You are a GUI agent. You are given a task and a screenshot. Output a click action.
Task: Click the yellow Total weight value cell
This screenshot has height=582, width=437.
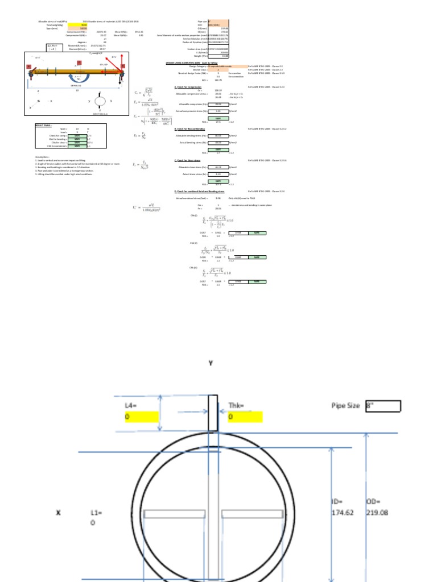[77, 26]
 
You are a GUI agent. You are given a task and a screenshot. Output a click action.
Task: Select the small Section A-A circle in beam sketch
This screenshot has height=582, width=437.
[101, 101]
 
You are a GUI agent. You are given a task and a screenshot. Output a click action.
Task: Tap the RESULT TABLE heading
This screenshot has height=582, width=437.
[43, 124]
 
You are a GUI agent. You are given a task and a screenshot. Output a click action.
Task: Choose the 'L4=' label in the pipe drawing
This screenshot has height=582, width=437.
[131, 405]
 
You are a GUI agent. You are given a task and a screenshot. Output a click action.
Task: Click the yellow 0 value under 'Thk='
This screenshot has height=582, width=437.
[245, 417]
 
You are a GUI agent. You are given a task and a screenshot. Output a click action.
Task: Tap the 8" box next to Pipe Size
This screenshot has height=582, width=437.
[384, 406]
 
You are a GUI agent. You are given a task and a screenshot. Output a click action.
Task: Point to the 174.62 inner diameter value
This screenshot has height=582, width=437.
[343, 513]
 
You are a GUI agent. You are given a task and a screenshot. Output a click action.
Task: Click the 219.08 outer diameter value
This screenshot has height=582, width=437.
[377, 513]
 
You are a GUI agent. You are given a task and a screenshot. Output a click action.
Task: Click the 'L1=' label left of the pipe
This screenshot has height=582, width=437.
[96, 513]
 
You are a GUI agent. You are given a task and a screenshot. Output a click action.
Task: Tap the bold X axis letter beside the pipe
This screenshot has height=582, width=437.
[57, 513]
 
